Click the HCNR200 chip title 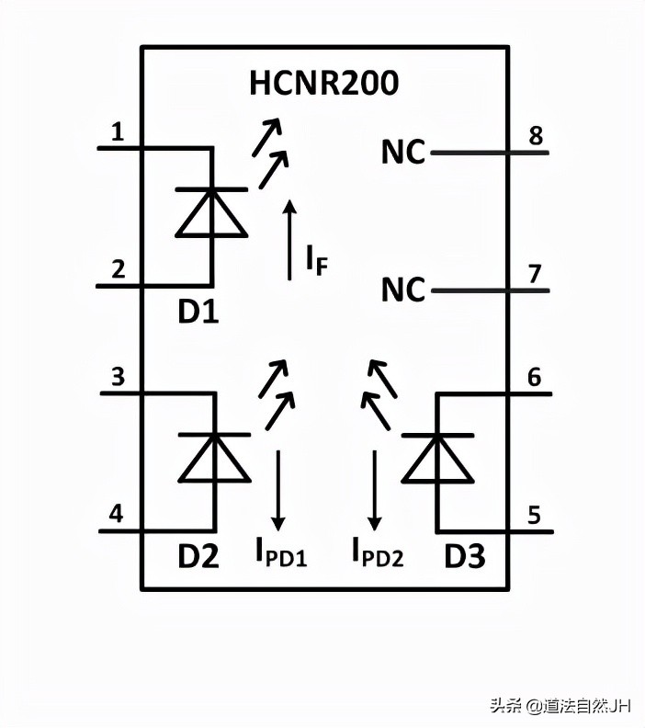[x=324, y=84]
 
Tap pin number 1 [x=117, y=133]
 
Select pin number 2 [x=118, y=270]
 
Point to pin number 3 [x=118, y=378]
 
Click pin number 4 [x=117, y=515]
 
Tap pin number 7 [x=534, y=273]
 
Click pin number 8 [x=534, y=136]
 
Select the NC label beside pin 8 [x=403, y=153]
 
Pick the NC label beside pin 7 [x=403, y=290]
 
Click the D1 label [x=198, y=313]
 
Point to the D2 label [x=198, y=556]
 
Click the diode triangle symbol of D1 [x=212, y=213]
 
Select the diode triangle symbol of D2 [x=215, y=458]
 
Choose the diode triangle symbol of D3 [x=438, y=458]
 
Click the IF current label [x=316, y=262]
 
